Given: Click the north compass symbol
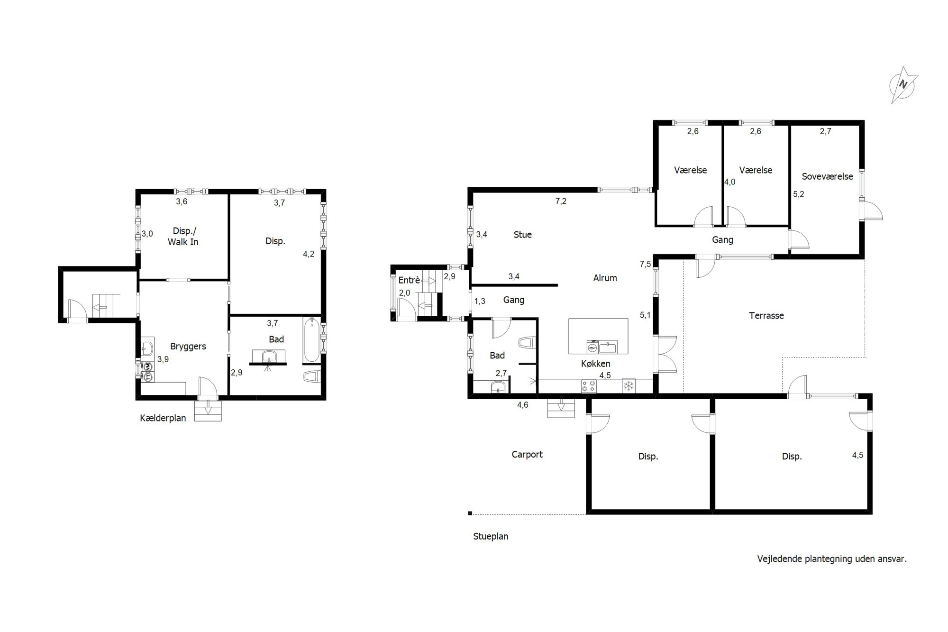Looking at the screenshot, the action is [904, 85].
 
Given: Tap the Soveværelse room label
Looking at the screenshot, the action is [827, 176].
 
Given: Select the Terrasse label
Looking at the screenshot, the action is [766, 315].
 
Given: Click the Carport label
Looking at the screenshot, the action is [527, 455].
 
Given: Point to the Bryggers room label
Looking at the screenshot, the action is [188, 347].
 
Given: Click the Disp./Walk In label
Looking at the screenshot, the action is [183, 236].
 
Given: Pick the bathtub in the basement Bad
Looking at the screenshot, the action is [311, 340].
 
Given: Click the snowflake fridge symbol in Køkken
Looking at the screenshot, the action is [629, 385].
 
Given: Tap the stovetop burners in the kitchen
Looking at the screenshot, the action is [589, 386].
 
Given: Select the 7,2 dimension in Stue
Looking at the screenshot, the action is [561, 201].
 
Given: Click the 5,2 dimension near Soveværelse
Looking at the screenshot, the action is [799, 194].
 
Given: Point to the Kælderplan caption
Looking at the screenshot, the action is [163, 418].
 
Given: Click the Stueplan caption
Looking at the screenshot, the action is [491, 537].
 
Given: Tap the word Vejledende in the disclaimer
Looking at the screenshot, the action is [779, 559].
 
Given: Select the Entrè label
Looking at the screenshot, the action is [409, 280].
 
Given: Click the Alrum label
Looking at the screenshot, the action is [605, 278].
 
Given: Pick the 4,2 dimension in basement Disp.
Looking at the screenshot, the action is [309, 254].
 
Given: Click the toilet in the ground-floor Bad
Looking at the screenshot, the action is [527, 343].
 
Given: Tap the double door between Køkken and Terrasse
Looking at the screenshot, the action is [665, 354].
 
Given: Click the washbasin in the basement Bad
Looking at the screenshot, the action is [269, 356].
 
